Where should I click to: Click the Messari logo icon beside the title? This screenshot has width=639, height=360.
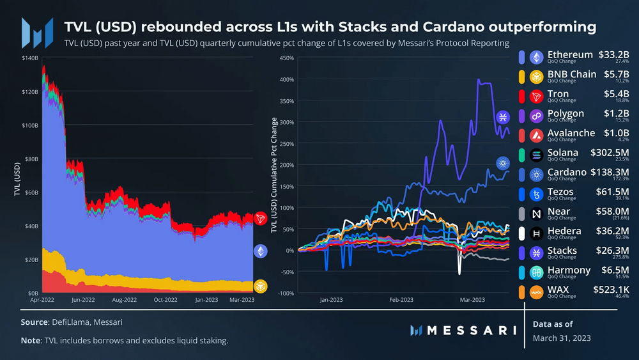click(x=36, y=33)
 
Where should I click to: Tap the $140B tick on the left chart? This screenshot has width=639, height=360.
click(x=30, y=58)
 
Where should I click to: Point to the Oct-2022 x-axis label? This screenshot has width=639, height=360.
click(x=166, y=299)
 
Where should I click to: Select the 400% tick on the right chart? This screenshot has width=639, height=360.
click(x=286, y=80)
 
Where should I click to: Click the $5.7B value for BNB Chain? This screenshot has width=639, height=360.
click(x=617, y=74)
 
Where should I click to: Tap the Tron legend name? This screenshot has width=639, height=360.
click(x=558, y=94)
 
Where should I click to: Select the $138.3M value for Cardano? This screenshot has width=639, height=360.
click(x=610, y=172)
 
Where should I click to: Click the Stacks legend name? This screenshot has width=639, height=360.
click(x=562, y=251)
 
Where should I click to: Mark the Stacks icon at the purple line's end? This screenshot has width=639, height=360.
click(x=503, y=117)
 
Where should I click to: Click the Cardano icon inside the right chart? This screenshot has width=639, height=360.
click(x=503, y=162)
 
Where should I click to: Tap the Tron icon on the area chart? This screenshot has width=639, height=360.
click(x=261, y=219)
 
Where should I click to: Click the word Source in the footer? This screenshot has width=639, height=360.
click(x=35, y=322)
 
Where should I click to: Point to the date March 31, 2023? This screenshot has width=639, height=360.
click(x=562, y=338)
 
